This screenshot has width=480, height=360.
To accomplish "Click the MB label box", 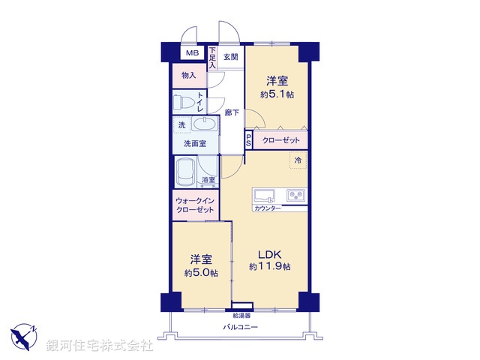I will click(193, 53).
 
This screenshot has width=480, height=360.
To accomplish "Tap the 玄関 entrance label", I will click(231, 56).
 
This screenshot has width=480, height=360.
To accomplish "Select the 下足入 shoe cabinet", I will click(212, 58).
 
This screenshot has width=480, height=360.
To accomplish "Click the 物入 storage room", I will click(188, 76).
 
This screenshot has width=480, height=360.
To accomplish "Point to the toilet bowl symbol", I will click(184, 101).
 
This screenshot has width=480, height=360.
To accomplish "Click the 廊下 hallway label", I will click(232, 113).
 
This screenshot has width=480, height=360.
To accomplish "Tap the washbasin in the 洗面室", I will click(204, 124).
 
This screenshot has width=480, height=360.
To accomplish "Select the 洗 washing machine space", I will click(181, 125).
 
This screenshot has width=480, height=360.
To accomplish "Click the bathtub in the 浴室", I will click(185, 172).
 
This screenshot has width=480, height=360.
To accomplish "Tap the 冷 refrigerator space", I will click(298, 160).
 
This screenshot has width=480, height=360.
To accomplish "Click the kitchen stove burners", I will click(295, 196).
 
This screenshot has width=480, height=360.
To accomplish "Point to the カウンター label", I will click(268, 208).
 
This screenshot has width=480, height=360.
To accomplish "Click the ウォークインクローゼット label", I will click(195, 205).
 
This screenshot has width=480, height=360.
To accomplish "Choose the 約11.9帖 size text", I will click(270, 267).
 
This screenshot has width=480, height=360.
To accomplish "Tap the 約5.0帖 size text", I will click(201, 272).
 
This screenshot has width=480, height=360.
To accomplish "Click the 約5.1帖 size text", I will click(276, 94).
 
